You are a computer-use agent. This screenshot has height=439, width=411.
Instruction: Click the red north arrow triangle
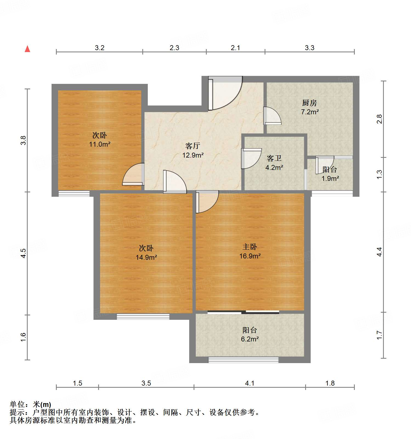tap(27, 49)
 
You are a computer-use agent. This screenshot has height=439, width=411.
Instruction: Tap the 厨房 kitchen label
tap(310, 103)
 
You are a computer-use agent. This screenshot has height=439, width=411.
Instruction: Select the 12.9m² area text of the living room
tap(193, 155)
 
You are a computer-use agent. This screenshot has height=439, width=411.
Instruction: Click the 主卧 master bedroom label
tap(250, 247)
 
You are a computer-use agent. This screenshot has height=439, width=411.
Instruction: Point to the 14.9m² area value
tap(146, 257)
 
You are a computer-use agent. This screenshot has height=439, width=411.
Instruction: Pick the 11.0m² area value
tap(100, 144)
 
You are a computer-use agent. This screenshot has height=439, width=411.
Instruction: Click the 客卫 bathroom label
tap(274, 158)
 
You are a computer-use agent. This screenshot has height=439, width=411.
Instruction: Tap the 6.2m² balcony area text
tap(250, 339)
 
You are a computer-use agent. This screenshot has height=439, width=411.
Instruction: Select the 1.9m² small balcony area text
tap(330, 178)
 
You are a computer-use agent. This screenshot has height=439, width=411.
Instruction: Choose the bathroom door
tap(251, 158)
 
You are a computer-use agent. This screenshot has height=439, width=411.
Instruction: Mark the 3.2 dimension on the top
tap(100, 48)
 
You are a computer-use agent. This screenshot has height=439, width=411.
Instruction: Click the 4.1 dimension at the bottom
tap(250, 383)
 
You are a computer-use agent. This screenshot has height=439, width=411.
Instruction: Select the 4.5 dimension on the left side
tap(24, 253)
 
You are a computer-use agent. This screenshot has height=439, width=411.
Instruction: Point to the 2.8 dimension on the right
tap(379, 119)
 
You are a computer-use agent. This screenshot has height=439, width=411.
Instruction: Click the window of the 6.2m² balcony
tap(243, 360)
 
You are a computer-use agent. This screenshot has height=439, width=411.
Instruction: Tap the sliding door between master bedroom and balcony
tap(243, 312)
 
